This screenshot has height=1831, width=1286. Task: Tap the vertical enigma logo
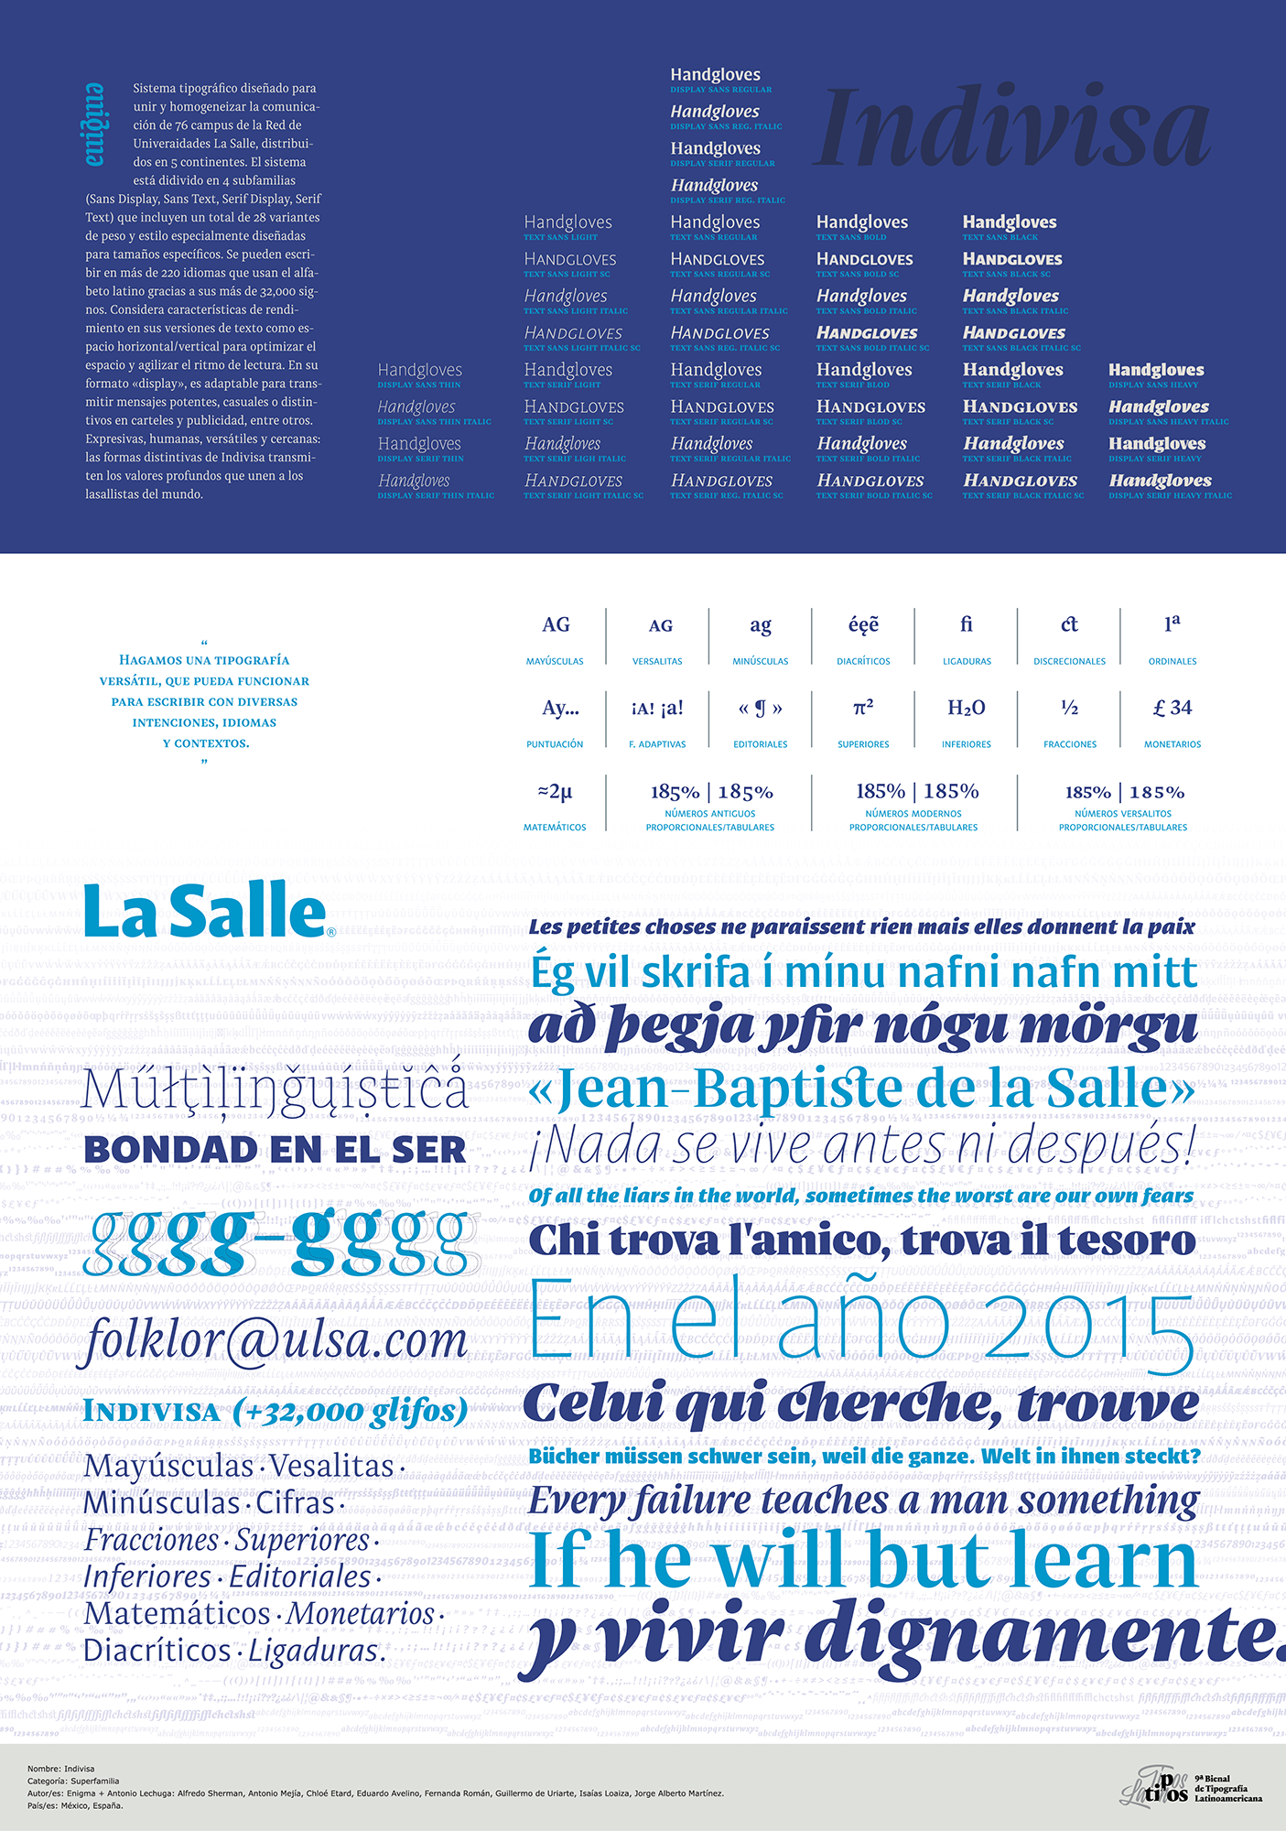coord(95,125)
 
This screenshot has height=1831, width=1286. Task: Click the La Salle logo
coord(207,912)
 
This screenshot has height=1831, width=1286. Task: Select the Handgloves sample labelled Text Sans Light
coord(567,222)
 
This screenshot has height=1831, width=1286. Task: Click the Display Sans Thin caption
coord(419,385)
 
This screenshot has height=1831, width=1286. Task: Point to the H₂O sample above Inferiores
coord(966,709)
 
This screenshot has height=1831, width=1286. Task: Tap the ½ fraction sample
coord(1069,709)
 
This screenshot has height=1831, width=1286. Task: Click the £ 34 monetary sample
coord(1172,709)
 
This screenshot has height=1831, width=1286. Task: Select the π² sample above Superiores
coord(863,709)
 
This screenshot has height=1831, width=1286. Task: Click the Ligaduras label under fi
coord(967,661)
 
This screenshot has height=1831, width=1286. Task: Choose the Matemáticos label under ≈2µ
coord(555,828)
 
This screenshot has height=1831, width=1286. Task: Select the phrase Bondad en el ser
coord(275,1151)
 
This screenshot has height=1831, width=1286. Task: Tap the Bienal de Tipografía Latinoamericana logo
coord(1190,1786)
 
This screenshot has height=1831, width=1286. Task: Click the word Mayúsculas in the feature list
coord(168,1466)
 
